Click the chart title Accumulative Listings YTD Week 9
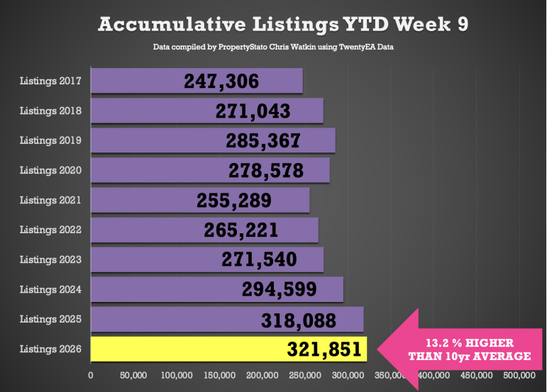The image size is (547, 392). tap(282, 24)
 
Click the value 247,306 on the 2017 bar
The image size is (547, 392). tap(221, 82)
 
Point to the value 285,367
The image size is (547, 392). tap(263, 141)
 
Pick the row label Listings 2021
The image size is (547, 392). tap(50, 200)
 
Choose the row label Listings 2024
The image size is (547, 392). tap(50, 289)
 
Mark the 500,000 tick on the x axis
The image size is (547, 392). tap(520, 374)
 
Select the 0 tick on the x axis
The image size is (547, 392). tap(91, 374)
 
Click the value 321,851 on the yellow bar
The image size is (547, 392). tap(324, 349)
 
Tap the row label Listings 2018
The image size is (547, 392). tap(50, 111)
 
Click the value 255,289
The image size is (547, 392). tap(233, 201)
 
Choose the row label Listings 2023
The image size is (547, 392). tap(50, 259)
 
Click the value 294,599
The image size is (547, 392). tap(279, 290)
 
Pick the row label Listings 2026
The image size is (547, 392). tap(50, 349)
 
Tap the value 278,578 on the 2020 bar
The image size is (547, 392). tap(266, 171)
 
